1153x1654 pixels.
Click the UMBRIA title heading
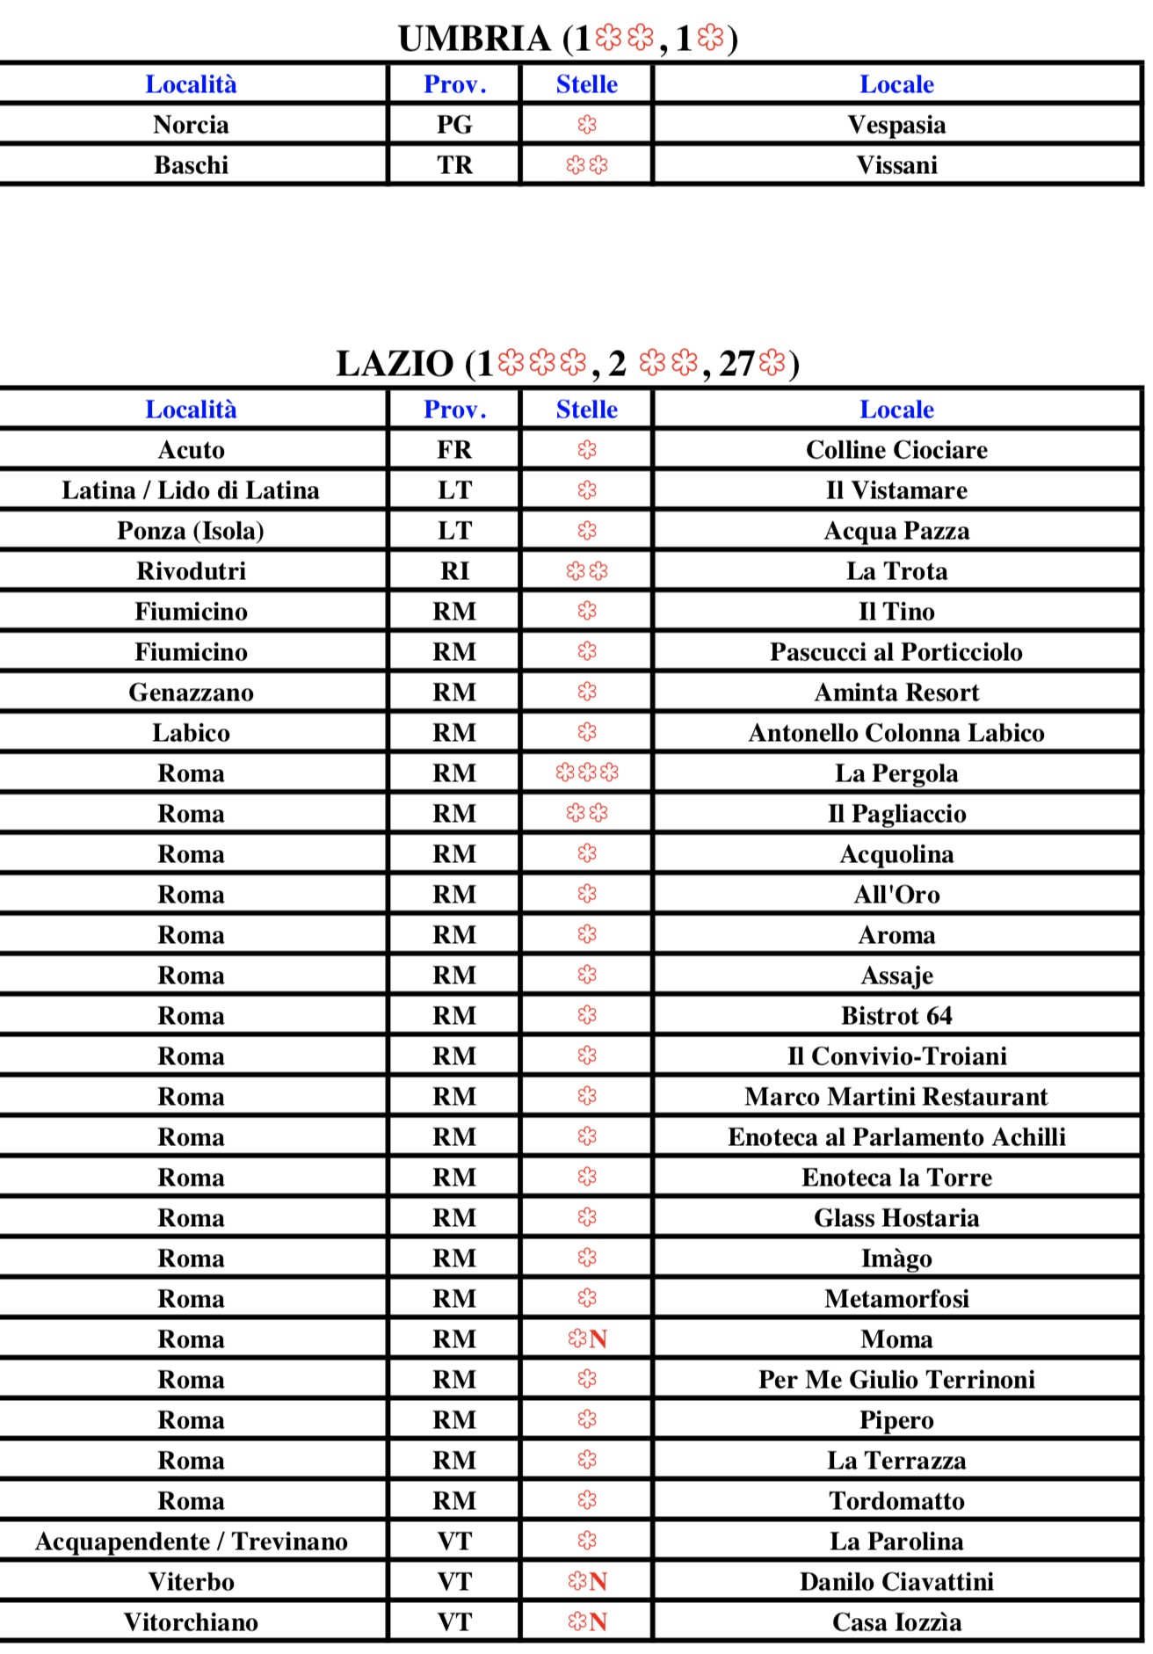click(x=567, y=39)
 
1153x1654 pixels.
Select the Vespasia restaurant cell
click(x=896, y=125)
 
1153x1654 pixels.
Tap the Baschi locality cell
click(x=191, y=165)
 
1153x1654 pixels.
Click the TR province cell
click(x=454, y=165)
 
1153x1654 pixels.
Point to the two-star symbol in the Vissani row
click(x=587, y=165)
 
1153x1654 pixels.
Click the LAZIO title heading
click(x=567, y=364)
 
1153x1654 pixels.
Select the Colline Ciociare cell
click(x=896, y=450)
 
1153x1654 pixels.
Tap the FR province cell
click(x=454, y=450)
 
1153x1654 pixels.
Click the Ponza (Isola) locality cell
click(x=191, y=531)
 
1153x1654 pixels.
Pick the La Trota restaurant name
click(x=896, y=571)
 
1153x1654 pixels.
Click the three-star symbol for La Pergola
click(x=587, y=773)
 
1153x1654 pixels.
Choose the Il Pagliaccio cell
click(x=896, y=814)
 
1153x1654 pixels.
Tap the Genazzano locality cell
click(x=191, y=693)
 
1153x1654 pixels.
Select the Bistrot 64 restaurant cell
click(x=896, y=1016)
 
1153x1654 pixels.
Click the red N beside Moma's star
click(x=598, y=1339)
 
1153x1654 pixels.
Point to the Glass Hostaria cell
click(x=896, y=1218)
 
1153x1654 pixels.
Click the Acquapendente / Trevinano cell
click(x=191, y=1542)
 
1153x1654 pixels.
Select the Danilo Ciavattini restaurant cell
click(x=896, y=1582)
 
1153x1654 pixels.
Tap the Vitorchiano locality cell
click(x=191, y=1622)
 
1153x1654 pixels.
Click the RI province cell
click(x=454, y=571)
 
